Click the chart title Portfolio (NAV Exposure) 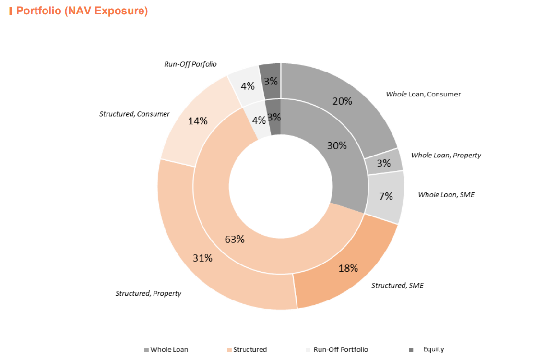(82, 11)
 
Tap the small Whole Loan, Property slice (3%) (384, 163)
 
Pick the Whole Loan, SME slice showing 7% (385, 196)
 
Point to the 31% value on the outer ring (202, 258)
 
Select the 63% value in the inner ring (235, 239)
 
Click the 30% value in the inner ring (337, 145)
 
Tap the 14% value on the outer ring (198, 121)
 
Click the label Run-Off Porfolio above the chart (190, 64)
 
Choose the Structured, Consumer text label (134, 114)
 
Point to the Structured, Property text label (148, 293)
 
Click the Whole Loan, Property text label (446, 155)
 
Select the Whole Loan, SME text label (446, 194)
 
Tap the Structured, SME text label (397, 285)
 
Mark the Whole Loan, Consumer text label (423, 94)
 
